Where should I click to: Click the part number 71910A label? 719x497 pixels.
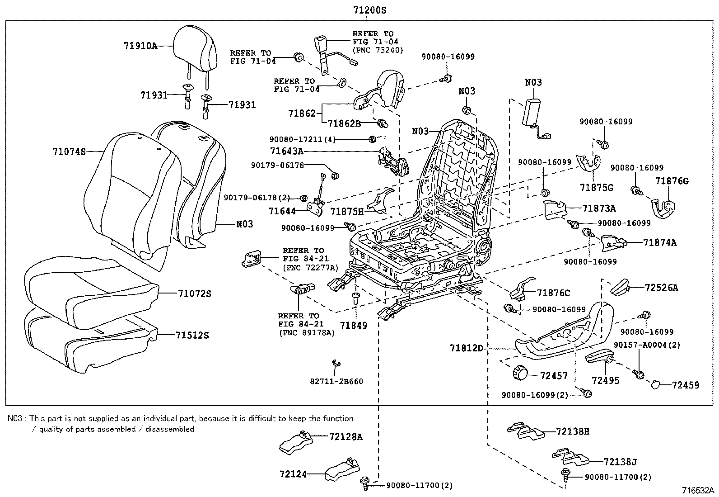click(x=140, y=46)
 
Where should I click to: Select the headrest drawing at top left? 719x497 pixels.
click(x=195, y=45)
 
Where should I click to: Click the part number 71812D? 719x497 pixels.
click(x=466, y=348)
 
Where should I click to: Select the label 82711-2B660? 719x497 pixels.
click(x=336, y=381)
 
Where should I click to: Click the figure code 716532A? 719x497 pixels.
click(x=698, y=490)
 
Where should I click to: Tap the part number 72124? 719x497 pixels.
click(x=293, y=474)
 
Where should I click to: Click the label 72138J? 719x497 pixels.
click(x=620, y=462)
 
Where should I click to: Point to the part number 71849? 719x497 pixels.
click(x=354, y=325)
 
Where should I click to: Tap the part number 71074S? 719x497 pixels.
click(x=69, y=152)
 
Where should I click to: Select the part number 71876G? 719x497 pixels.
click(x=672, y=181)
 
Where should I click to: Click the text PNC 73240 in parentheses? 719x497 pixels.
click(x=378, y=50)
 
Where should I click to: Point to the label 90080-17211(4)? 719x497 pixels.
click(x=302, y=140)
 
